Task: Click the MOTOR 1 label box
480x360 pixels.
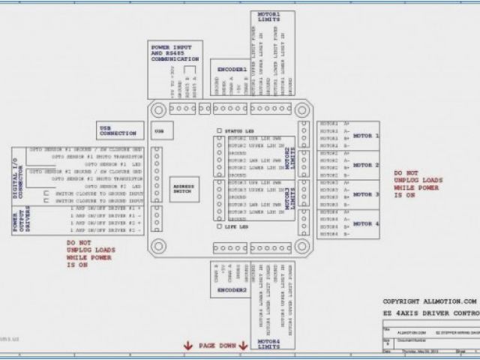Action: coord(366,136)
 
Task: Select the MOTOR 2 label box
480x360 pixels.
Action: coord(366,165)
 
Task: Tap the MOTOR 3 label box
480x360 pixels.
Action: coord(366,195)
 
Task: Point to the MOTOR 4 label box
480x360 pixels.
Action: coord(366,223)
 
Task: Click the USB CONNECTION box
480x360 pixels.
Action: coord(118,130)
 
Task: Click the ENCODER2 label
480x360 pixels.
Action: coord(232,289)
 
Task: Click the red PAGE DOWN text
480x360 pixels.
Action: coord(218,345)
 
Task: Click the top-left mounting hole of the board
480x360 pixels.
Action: coord(158,109)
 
